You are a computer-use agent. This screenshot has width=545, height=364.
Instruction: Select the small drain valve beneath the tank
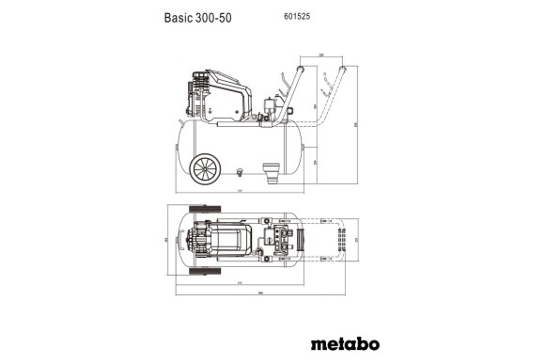click(239, 171)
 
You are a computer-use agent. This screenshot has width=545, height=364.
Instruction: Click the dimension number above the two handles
click(322, 55)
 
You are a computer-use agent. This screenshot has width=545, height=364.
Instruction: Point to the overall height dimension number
click(356, 122)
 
